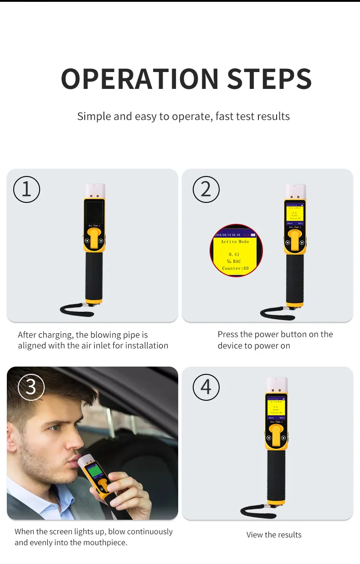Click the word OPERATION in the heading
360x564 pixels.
click(x=140, y=78)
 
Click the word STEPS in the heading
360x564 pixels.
click(x=269, y=78)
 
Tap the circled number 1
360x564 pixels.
click(x=26, y=189)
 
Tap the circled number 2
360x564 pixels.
click(x=206, y=189)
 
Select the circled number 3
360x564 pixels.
click(x=31, y=387)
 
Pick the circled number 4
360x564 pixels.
click(x=206, y=387)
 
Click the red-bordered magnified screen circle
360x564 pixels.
click(x=236, y=251)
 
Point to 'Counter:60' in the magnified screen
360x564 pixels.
click(x=236, y=269)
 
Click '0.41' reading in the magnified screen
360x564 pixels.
click(x=234, y=254)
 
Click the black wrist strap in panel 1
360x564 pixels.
click(x=75, y=310)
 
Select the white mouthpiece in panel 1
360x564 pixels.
click(x=95, y=190)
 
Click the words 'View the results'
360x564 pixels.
click(x=274, y=535)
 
